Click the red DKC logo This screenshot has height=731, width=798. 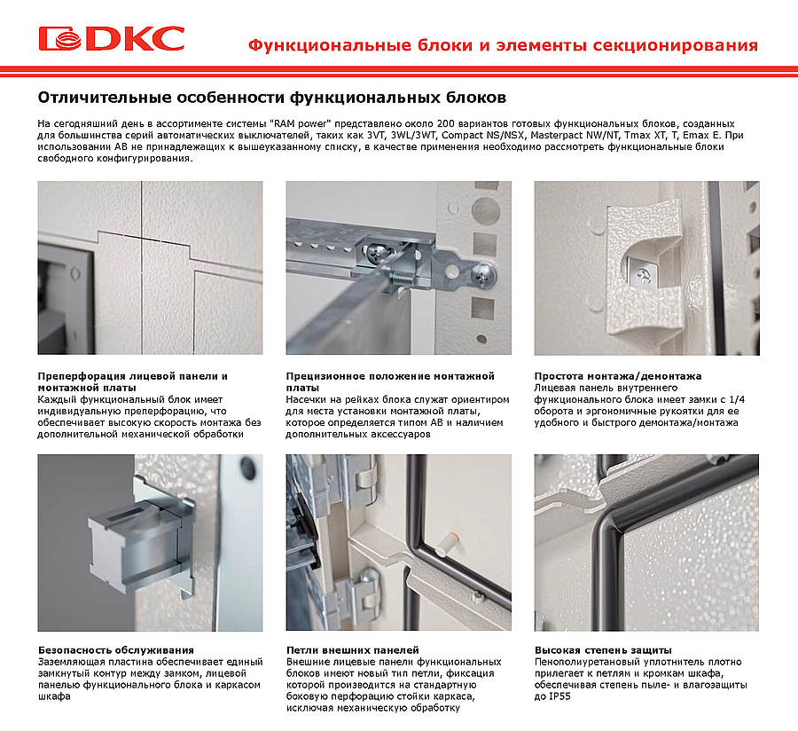tap(111, 39)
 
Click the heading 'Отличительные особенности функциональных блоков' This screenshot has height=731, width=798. tap(272, 98)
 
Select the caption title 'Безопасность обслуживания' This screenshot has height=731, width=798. tap(116, 650)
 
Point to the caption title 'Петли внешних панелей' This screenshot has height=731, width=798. tap(353, 650)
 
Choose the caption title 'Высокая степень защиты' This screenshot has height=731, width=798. tap(603, 650)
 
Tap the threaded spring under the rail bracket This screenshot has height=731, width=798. tap(402, 278)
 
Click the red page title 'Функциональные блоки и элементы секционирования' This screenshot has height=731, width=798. tap(503, 45)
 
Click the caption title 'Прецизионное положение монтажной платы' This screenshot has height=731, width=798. tap(390, 381)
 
